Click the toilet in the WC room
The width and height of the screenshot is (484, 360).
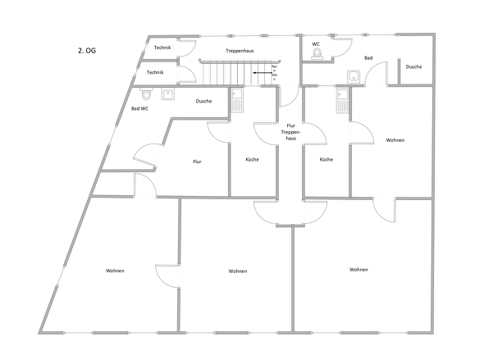[317, 54]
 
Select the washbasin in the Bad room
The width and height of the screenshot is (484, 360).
[354, 76]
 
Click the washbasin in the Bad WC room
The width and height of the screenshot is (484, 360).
[168, 93]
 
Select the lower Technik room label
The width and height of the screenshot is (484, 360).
[155, 73]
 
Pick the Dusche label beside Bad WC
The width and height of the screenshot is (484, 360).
[204, 101]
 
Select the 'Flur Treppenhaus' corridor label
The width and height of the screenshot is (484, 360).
[290, 132]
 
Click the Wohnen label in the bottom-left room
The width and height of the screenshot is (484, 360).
[115, 271]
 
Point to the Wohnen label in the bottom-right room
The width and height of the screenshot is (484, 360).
[358, 269]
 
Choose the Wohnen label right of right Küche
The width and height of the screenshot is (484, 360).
[395, 140]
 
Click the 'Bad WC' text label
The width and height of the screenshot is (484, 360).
[139, 108]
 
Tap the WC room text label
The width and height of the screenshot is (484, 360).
[315, 43]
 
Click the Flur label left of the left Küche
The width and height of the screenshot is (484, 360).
[197, 162]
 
